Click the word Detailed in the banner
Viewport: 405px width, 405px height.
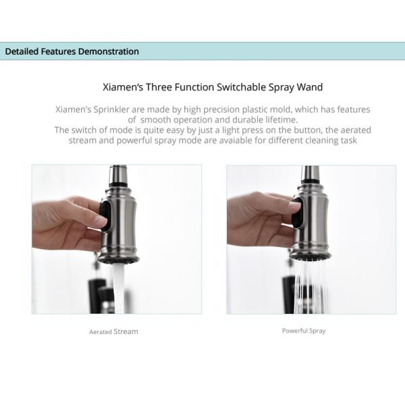[22, 51]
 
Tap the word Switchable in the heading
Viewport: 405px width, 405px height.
[241, 87]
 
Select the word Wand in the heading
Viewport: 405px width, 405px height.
[310, 87]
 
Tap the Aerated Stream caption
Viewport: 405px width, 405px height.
[113, 331]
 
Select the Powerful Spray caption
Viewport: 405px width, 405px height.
[304, 331]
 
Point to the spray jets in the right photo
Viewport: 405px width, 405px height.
[313, 283]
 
